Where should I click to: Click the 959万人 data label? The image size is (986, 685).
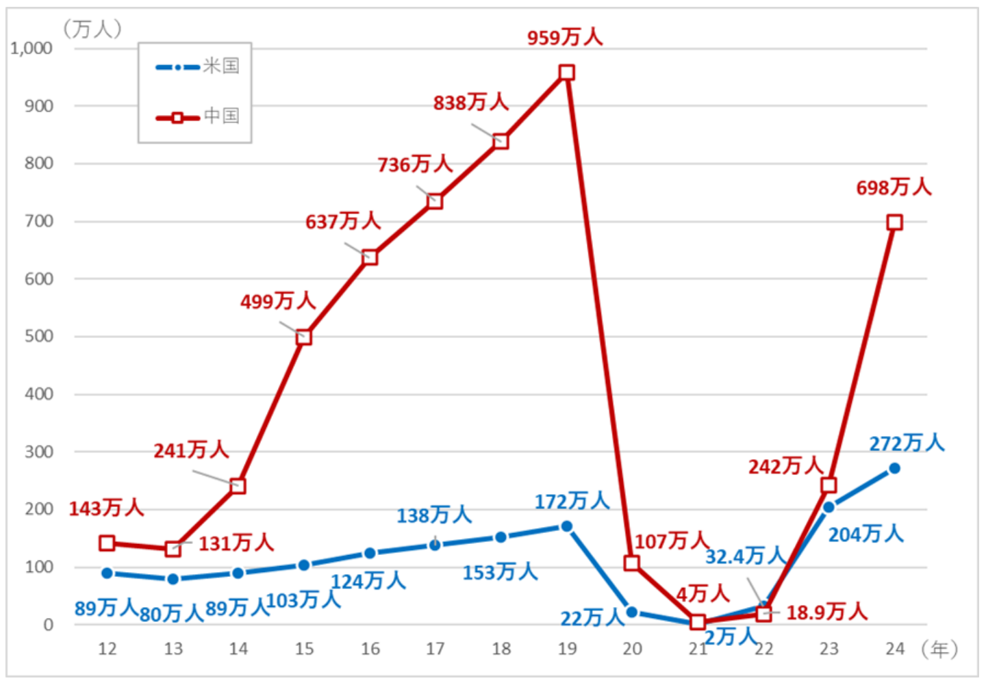pos(565,37)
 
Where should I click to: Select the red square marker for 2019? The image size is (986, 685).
pos(566,73)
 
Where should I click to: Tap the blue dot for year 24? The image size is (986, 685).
pos(894,469)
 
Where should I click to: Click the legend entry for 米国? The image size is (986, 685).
pos(198,66)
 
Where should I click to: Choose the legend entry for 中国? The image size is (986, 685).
pos(198,116)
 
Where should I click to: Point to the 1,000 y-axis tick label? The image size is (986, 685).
pos(31,49)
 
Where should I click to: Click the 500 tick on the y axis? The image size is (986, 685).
pos(40,336)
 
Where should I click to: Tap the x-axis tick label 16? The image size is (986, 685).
pos(370,649)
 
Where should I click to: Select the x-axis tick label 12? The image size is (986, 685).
pos(108,649)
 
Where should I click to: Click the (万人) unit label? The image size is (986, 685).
pos(92,29)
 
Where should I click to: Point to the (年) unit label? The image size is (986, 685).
pos(939,649)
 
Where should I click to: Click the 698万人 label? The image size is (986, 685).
pos(894,187)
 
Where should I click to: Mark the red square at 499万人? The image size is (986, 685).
pos(303,337)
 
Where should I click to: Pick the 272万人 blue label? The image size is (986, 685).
pos(907,443)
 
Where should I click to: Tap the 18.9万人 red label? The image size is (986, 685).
pos(826,612)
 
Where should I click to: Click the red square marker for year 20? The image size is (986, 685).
pos(632,563)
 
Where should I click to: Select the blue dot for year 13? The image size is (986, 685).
pos(173,579)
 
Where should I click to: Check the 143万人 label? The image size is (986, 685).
pos(106,508)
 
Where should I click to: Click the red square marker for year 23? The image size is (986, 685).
pos(829,485)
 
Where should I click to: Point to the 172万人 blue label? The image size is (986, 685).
pos(572,501)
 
